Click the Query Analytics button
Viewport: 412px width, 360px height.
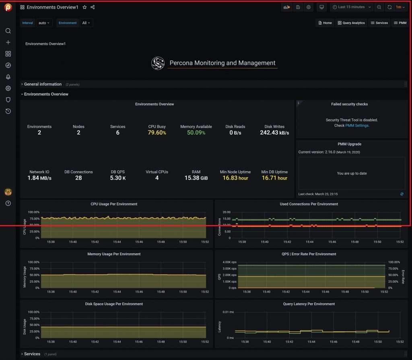point(351,23)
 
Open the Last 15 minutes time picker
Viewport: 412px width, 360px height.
point(351,7)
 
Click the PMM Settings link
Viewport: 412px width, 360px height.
point(357,126)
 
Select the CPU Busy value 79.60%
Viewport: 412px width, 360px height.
point(157,132)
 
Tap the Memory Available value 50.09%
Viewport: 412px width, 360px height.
point(196,132)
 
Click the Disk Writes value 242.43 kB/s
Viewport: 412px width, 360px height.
point(274,132)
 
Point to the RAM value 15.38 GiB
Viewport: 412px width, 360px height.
point(196,178)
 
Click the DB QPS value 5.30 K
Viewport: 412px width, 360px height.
point(117,178)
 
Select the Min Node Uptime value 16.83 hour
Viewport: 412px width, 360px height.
point(235,178)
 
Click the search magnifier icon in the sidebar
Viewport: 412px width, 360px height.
point(8,31)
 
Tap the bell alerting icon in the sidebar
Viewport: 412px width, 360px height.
point(8,77)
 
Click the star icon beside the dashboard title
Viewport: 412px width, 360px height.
point(84,7)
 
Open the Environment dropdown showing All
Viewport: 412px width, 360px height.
point(87,23)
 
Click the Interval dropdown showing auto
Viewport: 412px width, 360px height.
point(44,23)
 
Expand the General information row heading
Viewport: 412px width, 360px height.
point(43,84)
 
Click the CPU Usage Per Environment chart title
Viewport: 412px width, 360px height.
point(114,204)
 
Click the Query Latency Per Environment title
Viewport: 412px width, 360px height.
point(309,304)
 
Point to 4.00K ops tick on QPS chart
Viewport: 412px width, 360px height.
point(230,262)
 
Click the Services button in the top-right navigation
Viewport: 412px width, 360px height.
point(379,23)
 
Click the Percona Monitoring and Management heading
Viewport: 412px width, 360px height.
point(222,63)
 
